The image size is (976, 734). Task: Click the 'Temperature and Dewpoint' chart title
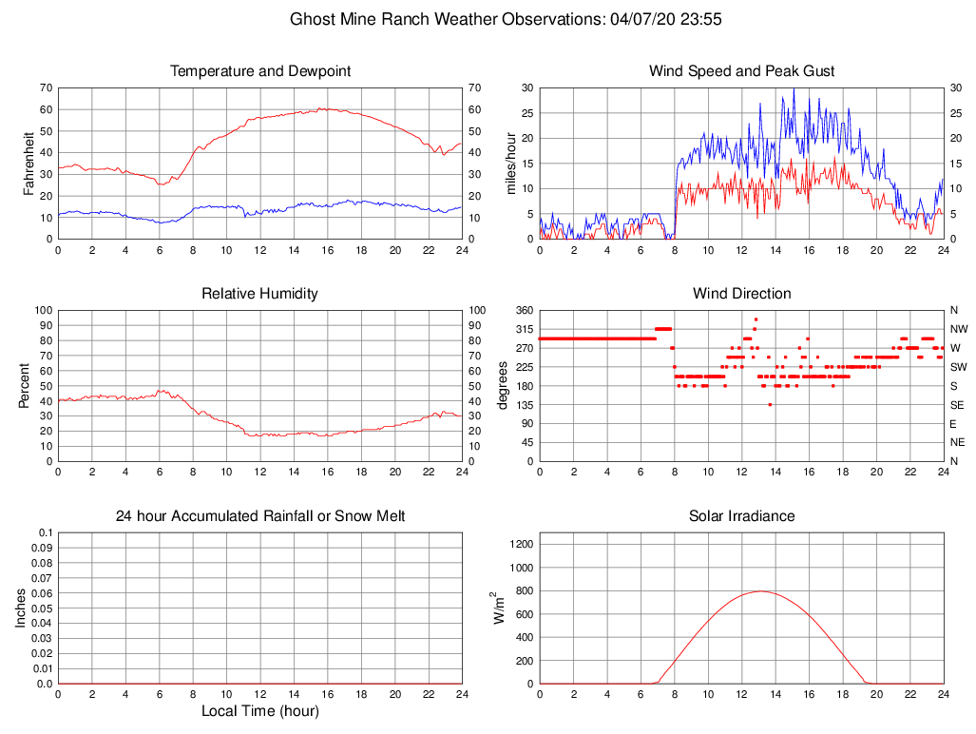pos(259,71)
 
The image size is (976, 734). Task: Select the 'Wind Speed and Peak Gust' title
pos(741,71)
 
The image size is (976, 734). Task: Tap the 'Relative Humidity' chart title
pos(259,294)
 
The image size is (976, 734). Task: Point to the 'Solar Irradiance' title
pos(741,516)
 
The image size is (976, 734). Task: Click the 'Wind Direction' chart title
pos(741,294)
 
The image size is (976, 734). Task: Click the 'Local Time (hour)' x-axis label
pos(259,711)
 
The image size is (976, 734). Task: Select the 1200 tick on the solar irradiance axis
pos(522,545)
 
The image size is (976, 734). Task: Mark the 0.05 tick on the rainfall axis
pos(42,608)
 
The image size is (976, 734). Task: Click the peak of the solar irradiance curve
pos(762,591)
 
